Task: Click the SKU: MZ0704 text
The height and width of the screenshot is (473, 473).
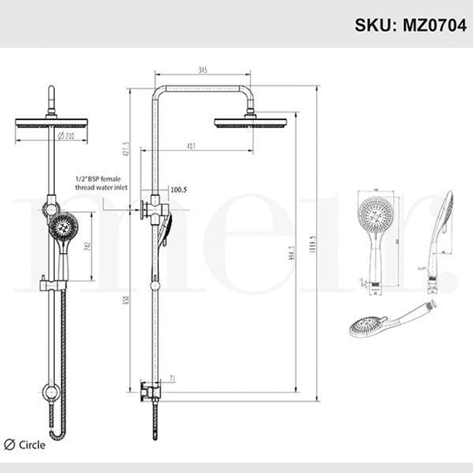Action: coord(410,25)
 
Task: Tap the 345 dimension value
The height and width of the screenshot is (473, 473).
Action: coord(203,70)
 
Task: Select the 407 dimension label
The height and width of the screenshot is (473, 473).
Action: coord(191,146)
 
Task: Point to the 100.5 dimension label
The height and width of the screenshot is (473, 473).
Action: coord(178,190)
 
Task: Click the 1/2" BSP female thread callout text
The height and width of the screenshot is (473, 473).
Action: coord(101,183)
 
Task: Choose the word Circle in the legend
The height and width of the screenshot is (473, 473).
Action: coord(32,445)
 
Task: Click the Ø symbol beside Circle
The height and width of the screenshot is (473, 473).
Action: coord(9,445)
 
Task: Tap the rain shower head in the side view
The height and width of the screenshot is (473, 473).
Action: coord(251,122)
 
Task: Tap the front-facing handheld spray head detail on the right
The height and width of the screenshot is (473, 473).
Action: coord(375,215)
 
